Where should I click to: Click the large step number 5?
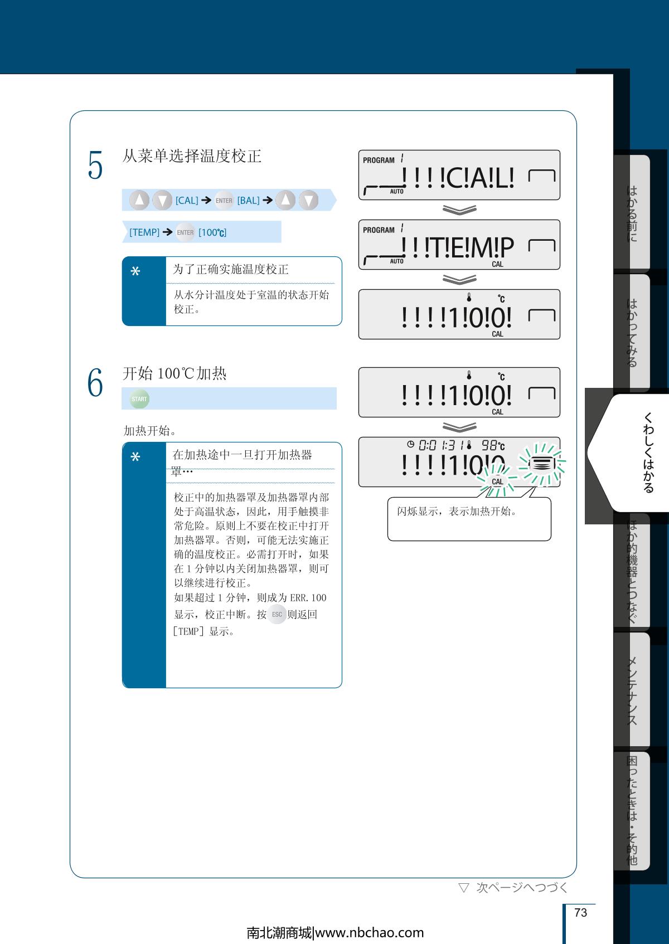tap(95, 165)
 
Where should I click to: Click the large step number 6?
tap(95, 382)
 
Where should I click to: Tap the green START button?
tap(139, 398)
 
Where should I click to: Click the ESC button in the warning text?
tap(277, 614)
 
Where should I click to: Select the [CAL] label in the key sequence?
tap(187, 200)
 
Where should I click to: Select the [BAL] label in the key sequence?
tap(248, 200)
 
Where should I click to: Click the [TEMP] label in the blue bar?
tap(144, 232)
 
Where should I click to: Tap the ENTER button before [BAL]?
tap(224, 200)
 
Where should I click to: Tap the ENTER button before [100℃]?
tap(185, 232)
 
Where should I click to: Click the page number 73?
tap(580, 912)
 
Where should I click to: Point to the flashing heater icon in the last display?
tap(542, 464)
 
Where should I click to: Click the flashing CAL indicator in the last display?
tap(497, 481)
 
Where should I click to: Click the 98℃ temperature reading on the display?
tap(493, 445)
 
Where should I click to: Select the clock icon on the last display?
tap(410, 444)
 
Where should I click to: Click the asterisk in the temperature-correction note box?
tap(135, 271)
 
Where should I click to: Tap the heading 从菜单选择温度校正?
tap(192, 156)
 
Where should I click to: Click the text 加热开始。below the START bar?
tap(150, 430)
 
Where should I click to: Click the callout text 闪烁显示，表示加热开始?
tap(457, 511)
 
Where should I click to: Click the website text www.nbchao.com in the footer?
tap(370, 933)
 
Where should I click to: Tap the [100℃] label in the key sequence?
tap(212, 232)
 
